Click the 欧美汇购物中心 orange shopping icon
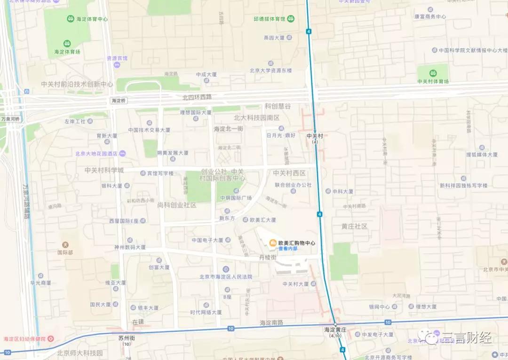(x=272, y=243)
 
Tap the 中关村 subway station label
(x=315, y=136)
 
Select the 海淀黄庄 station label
(x=335, y=330)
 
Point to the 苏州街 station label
(x=127, y=338)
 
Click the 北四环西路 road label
(x=197, y=97)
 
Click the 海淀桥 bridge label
(x=119, y=101)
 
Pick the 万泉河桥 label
(x=10, y=119)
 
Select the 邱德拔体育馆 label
(x=270, y=19)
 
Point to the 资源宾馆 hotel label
(x=117, y=58)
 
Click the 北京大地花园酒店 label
(x=96, y=153)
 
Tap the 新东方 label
(x=227, y=219)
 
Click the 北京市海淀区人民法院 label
(x=226, y=276)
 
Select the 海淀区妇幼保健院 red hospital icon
(x=51, y=338)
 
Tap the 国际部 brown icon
(x=65, y=244)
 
